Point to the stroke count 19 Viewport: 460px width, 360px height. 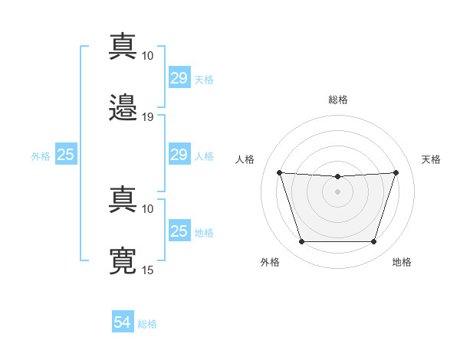point(148,116)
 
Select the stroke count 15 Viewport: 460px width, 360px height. point(148,270)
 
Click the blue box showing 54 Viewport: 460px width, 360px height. point(123,323)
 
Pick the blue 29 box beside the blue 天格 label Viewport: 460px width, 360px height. point(179,78)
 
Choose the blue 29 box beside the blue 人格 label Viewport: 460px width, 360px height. point(179,155)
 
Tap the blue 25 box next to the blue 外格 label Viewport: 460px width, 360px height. point(65,155)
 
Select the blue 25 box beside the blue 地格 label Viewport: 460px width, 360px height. point(179,231)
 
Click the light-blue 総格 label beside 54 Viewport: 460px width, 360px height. point(147,324)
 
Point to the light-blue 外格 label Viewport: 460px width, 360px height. point(41,155)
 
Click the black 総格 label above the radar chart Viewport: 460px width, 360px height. point(337,100)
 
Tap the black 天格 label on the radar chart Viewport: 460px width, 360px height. point(431,159)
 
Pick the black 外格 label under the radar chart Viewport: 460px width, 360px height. point(270,262)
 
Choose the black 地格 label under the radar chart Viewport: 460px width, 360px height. point(402,262)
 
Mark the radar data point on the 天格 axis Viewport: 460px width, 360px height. point(396,172)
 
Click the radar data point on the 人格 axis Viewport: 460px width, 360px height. point(279,172)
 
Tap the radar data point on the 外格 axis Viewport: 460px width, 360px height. point(301,242)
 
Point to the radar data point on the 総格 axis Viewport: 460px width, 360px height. point(337,177)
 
